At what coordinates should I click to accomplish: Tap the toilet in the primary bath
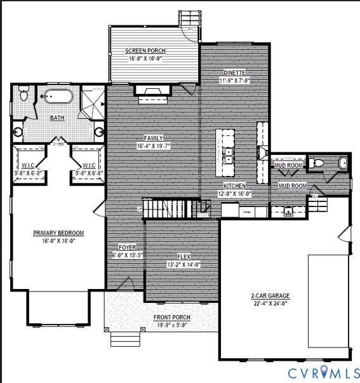coord(24,95)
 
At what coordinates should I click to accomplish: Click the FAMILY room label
coord(154,138)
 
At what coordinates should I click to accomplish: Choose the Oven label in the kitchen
coord(248,212)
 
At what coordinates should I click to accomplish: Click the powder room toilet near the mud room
coord(319,163)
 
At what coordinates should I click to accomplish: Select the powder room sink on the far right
coord(343,163)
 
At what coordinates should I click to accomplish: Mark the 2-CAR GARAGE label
coord(270,295)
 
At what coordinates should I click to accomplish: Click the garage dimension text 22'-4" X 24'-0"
coord(270,303)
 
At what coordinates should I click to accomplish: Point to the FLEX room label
coord(183,257)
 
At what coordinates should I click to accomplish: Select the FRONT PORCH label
coord(171,318)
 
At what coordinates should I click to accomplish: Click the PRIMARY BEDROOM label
coord(58,233)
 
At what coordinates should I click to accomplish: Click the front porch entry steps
coord(124,339)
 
